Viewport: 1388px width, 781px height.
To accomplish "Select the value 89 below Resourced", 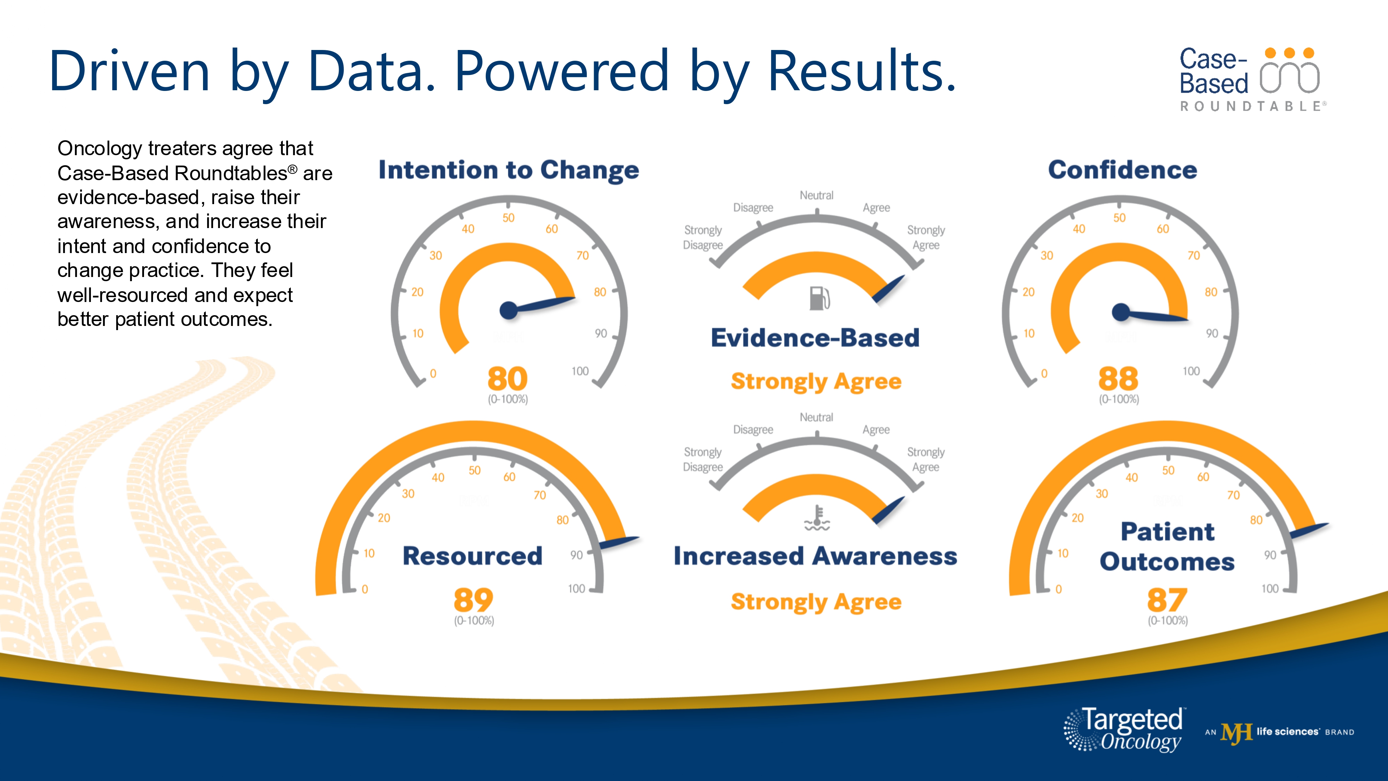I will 473,600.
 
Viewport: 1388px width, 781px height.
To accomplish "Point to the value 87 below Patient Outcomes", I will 1167,600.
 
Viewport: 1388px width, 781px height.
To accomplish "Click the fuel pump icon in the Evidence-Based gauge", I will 819,298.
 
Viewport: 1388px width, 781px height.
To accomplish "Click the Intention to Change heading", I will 509,170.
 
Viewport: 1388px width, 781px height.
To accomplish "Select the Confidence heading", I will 1122,170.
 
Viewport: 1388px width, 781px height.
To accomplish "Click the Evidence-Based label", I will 815,338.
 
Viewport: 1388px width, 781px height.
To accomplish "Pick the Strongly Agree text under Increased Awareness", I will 816,602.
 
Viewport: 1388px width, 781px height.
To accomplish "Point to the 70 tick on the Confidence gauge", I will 1193,255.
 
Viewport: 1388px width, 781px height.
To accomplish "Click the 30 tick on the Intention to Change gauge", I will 435,255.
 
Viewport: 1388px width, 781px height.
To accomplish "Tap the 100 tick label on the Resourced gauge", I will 576,589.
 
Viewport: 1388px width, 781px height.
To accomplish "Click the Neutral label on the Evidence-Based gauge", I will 816,195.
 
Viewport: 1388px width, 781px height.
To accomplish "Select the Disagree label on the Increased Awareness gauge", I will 753,430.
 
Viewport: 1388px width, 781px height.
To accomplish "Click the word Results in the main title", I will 861,71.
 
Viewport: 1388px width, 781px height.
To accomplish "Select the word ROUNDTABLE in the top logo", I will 1250,106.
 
